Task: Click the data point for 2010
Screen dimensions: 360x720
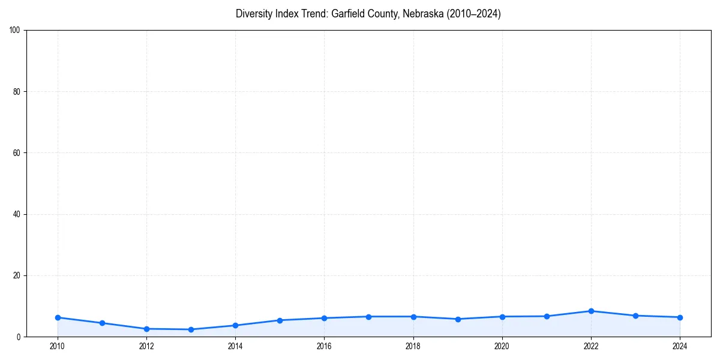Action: click(x=58, y=317)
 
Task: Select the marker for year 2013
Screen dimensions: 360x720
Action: click(x=191, y=329)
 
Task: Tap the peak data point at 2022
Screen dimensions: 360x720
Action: click(x=591, y=311)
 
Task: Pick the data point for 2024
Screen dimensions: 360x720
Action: click(x=680, y=317)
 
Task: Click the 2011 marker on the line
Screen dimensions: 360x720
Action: click(x=102, y=323)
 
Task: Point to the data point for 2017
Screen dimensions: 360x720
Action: click(x=368, y=316)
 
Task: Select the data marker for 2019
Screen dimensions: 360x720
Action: click(x=458, y=319)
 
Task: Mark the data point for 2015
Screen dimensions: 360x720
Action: click(x=280, y=320)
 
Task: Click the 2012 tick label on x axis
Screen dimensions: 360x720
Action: click(x=146, y=346)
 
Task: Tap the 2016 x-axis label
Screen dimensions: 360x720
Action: click(x=324, y=346)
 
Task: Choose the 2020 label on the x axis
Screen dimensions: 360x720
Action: click(x=502, y=346)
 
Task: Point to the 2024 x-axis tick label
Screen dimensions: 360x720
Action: click(x=680, y=346)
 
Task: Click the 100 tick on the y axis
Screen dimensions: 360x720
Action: click(x=16, y=30)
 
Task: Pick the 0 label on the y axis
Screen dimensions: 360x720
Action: click(x=19, y=337)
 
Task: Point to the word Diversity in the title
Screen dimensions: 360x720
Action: click(x=254, y=14)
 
